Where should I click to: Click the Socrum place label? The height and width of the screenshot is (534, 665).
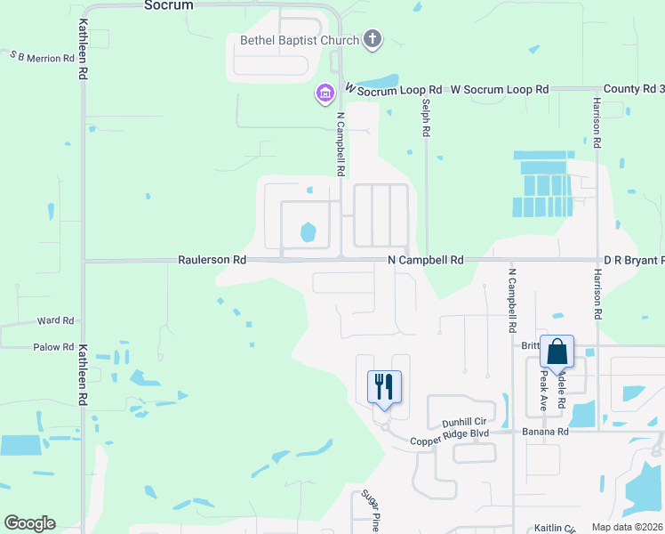coord(167,5)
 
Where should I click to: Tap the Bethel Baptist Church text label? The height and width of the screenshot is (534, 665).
coord(299,40)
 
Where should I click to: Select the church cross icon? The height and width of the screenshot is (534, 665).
coord(373,39)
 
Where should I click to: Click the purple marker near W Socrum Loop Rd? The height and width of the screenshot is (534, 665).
coord(324,93)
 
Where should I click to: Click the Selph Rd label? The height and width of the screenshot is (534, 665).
coord(427,117)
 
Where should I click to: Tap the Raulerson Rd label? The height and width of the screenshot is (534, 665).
coord(211,260)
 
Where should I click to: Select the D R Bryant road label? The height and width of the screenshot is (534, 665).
coord(633,260)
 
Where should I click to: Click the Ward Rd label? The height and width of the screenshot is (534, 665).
coord(55,320)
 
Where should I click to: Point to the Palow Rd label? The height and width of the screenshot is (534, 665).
coord(53,347)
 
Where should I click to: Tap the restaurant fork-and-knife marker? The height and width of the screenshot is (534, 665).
coord(384,388)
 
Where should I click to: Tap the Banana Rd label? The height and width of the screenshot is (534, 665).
coord(550,432)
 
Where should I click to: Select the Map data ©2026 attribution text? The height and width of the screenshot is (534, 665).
coord(628,527)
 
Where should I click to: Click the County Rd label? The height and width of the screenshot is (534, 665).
coord(633,89)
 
